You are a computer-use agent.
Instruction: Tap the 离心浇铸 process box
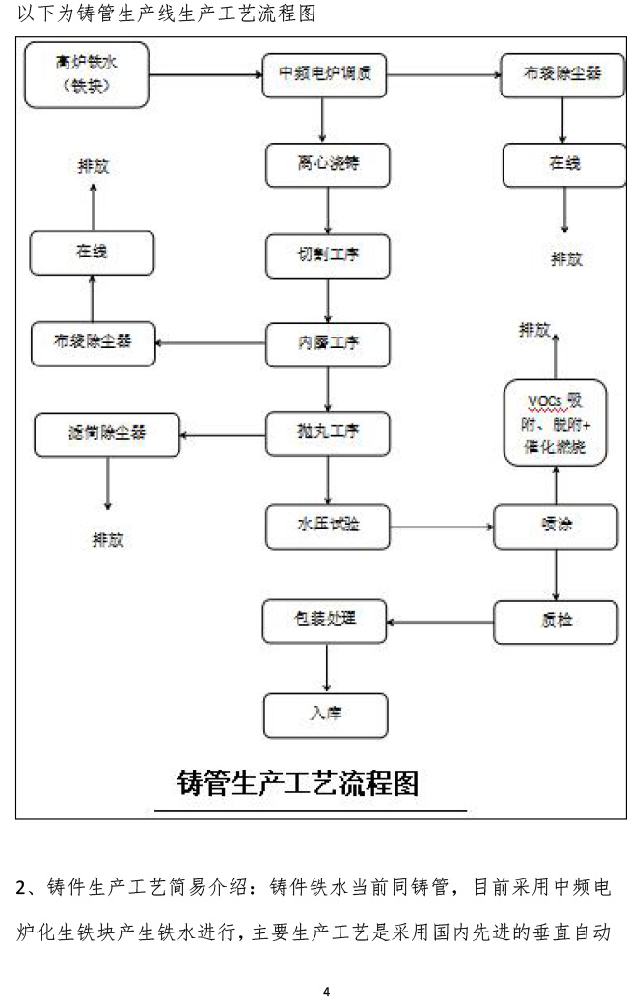point(328,164)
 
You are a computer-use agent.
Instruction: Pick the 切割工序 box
point(328,254)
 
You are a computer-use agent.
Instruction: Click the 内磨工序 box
point(328,341)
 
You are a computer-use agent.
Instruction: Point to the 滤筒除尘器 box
point(107,435)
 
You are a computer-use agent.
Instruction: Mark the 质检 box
point(555,621)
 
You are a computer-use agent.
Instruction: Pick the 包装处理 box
point(325,621)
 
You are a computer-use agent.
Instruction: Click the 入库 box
point(325,715)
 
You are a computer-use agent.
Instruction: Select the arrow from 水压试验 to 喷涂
point(440,527)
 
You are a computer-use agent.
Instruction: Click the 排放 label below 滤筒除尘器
point(108,539)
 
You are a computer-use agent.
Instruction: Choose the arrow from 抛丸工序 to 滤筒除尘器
point(224,433)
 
